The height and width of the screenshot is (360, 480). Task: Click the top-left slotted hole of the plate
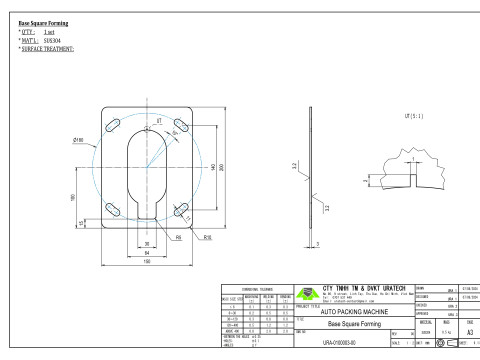click(x=114, y=129)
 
